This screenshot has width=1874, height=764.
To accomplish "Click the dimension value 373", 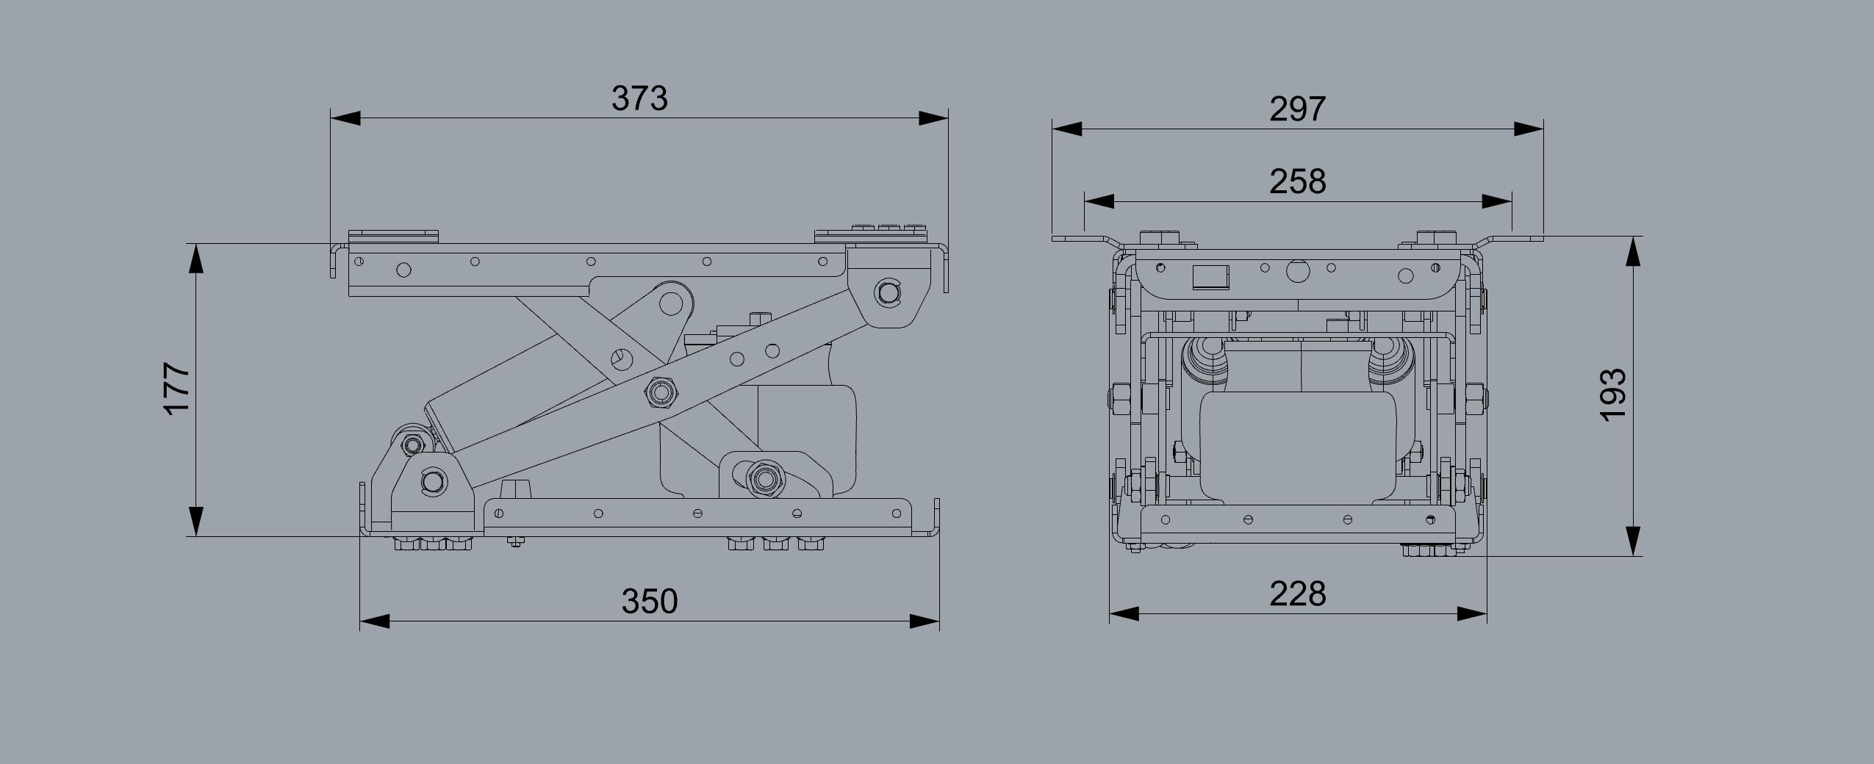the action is click(x=639, y=98).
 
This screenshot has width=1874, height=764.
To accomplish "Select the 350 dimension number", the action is click(x=650, y=601).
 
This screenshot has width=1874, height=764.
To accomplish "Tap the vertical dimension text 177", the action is click(x=179, y=389).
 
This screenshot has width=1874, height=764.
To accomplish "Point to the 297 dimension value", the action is click(x=1298, y=109).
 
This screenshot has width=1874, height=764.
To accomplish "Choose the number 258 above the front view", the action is click(x=1298, y=181).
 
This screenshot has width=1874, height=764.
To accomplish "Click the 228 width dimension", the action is click(x=1298, y=594).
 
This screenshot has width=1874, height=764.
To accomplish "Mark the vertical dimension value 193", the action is click(x=1614, y=395).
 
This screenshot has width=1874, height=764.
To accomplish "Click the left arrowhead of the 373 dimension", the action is click(x=345, y=118).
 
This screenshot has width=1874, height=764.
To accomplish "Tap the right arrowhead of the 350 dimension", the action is click(x=925, y=621).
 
